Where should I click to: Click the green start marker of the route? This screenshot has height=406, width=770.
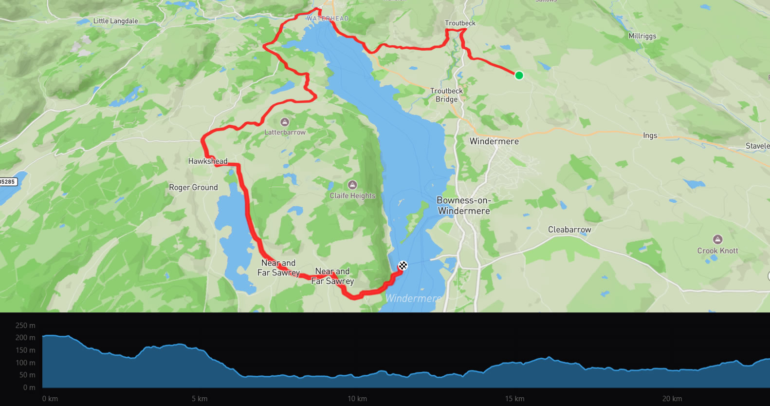click(519, 75)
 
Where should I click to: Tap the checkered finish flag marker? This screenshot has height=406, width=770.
click(403, 266)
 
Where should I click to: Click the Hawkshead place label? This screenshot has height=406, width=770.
click(208, 161)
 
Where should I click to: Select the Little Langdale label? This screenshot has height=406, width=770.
click(115, 21)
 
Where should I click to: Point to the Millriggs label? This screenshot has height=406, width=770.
click(642, 36)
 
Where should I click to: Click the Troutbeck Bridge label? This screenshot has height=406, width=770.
click(446, 95)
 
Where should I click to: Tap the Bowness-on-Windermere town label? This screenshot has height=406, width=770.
click(464, 206)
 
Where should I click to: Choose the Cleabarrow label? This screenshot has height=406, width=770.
click(569, 230)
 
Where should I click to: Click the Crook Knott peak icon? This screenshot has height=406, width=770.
click(717, 239)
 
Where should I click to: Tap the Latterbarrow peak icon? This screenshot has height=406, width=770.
click(285, 122)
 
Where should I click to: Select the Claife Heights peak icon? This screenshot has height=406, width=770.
click(352, 185)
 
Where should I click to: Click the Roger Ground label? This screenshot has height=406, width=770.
click(193, 188)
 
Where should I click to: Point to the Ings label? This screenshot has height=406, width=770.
click(650, 135)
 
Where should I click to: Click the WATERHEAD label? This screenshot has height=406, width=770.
click(328, 19)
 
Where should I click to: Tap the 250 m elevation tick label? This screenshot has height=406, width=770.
click(25, 326)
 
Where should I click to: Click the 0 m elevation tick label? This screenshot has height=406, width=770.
click(29, 387)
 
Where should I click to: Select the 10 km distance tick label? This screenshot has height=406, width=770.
click(357, 399)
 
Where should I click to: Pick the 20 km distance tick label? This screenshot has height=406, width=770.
click(672, 399)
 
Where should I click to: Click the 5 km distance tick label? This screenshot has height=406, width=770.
click(200, 399)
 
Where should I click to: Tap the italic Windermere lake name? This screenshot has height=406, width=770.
click(413, 298)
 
